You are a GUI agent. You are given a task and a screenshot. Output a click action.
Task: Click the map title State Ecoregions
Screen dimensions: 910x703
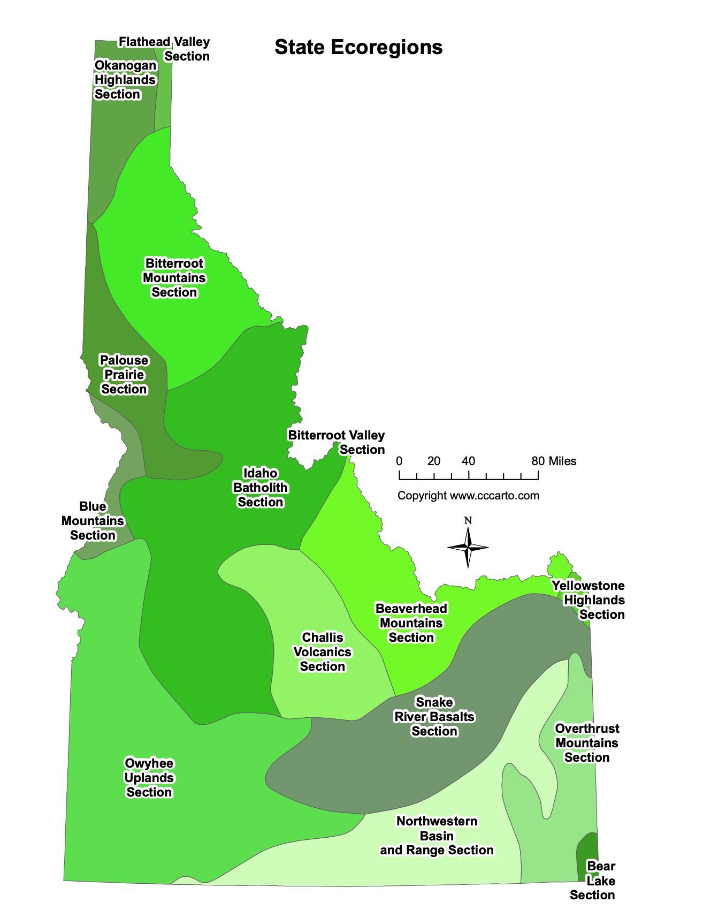click(x=358, y=47)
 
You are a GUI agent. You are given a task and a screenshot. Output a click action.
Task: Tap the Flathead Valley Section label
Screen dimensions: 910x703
click(x=164, y=49)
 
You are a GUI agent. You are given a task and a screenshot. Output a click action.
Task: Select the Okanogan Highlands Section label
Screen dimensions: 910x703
click(x=126, y=80)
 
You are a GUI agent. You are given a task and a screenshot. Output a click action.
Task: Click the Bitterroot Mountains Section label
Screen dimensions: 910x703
click(x=174, y=278)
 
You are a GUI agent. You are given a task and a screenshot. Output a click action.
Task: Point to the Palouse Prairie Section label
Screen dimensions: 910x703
click(x=124, y=375)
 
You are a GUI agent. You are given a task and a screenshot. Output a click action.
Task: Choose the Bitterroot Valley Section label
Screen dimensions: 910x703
click(x=337, y=442)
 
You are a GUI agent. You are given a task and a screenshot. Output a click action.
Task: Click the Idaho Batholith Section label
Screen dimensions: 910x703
click(x=261, y=488)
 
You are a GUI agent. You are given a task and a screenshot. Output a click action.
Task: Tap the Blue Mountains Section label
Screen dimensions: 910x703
click(x=93, y=521)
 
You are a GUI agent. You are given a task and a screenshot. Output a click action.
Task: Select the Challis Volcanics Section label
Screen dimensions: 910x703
click(x=322, y=652)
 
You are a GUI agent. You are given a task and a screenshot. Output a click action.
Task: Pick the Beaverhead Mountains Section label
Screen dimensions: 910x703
click(x=411, y=623)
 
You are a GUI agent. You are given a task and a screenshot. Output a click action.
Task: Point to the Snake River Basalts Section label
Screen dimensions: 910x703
click(x=434, y=717)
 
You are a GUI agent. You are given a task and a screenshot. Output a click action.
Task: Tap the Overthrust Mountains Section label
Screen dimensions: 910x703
click(x=587, y=743)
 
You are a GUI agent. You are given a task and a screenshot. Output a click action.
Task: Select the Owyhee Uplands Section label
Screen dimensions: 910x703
click(x=149, y=778)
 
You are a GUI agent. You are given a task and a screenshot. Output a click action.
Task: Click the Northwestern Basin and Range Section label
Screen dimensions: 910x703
click(x=437, y=836)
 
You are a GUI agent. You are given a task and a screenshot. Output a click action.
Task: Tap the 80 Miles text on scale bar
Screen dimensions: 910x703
click(x=554, y=461)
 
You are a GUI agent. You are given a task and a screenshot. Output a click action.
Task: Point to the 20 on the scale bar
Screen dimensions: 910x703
click(x=434, y=461)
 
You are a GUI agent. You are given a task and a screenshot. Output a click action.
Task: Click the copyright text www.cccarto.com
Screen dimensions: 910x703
click(x=468, y=496)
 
